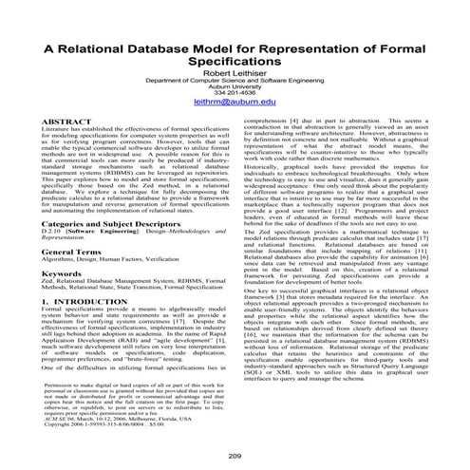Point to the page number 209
[x=235, y=456]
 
